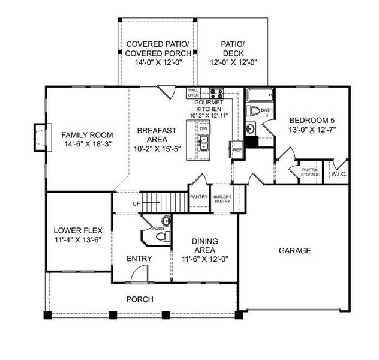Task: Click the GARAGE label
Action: tap(294, 250)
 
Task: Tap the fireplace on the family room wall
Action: tap(43, 137)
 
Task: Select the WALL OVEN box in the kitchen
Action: tap(193, 93)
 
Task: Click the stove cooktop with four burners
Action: tap(216, 93)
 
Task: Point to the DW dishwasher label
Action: tap(204, 129)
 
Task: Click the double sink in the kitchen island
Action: tap(203, 143)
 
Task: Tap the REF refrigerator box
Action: tap(236, 149)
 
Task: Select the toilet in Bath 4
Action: tap(253, 111)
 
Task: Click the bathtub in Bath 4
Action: tap(260, 95)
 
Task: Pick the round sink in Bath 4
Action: tap(251, 128)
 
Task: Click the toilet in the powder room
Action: tap(163, 236)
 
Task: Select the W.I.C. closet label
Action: tap(339, 174)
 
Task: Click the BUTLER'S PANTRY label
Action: tap(222, 199)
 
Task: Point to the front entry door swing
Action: tap(139, 274)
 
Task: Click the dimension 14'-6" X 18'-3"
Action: tap(88, 144)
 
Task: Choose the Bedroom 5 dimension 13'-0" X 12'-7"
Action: tap(312, 130)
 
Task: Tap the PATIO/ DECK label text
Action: tap(233, 49)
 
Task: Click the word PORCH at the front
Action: tap(140, 299)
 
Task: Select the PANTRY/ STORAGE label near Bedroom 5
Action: tap(310, 172)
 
